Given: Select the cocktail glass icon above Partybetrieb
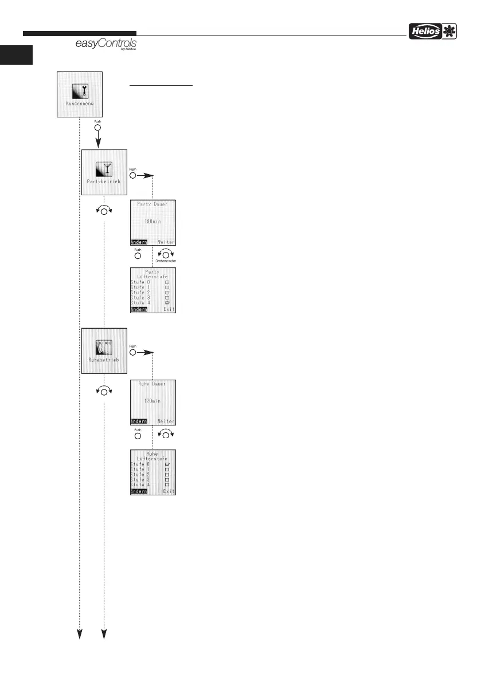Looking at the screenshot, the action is (x=104, y=169).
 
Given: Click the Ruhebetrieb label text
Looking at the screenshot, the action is (x=104, y=360).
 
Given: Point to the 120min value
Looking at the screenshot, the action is (x=152, y=401).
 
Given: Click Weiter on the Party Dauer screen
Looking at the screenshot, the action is (x=166, y=242).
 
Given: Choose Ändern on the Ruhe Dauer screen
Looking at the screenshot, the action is (x=139, y=421).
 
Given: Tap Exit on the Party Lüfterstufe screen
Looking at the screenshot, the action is (x=169, y=309).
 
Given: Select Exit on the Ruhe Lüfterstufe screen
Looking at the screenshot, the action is (x=169, y=491).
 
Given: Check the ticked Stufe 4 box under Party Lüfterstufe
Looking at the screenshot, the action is (x=167, y=302).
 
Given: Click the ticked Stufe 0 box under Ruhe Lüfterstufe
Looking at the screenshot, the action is (x=167, y=464).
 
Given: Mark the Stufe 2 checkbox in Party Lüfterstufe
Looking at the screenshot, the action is (x=167, y=292).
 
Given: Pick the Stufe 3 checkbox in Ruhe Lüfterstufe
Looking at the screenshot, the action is (x=167, y=479).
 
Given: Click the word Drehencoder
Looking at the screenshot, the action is (x=166, y=261).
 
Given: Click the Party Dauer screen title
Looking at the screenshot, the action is (x=152, y=204).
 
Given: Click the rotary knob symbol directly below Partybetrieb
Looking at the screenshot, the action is (x=104, y=211).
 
